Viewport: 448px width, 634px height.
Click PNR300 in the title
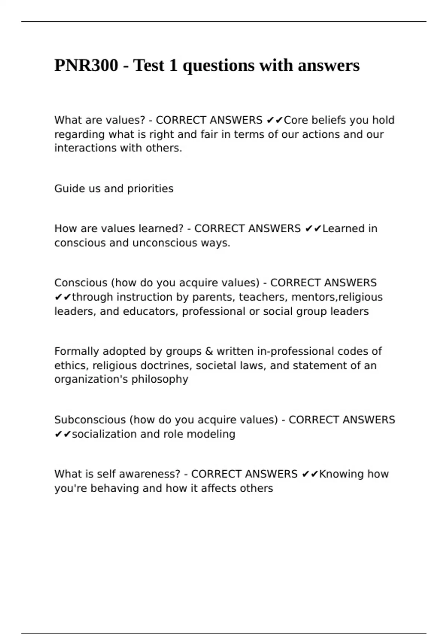click(86, 66)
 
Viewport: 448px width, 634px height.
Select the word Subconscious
click(90, 420)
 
